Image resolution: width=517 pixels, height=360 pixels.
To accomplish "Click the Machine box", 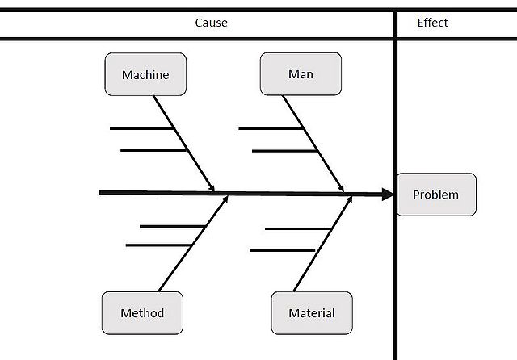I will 145,74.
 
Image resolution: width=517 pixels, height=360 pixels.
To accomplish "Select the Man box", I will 301,74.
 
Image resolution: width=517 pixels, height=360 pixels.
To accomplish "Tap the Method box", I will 142,313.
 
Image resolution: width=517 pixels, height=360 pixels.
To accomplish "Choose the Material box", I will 311,313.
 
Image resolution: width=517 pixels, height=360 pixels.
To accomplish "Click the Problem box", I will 435,195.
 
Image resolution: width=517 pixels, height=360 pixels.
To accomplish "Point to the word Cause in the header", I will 211,23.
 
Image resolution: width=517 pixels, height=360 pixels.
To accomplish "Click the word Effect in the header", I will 432,23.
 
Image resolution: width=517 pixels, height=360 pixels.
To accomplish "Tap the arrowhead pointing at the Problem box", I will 387,194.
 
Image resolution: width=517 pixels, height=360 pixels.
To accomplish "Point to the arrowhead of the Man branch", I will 343,188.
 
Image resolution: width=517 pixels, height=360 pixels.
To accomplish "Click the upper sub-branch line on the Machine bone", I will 141,128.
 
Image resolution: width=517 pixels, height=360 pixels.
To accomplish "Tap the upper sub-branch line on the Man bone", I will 271,128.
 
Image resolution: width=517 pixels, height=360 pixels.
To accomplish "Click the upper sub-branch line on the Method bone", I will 170,226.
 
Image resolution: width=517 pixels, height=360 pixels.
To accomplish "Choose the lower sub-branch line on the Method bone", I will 158,245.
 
